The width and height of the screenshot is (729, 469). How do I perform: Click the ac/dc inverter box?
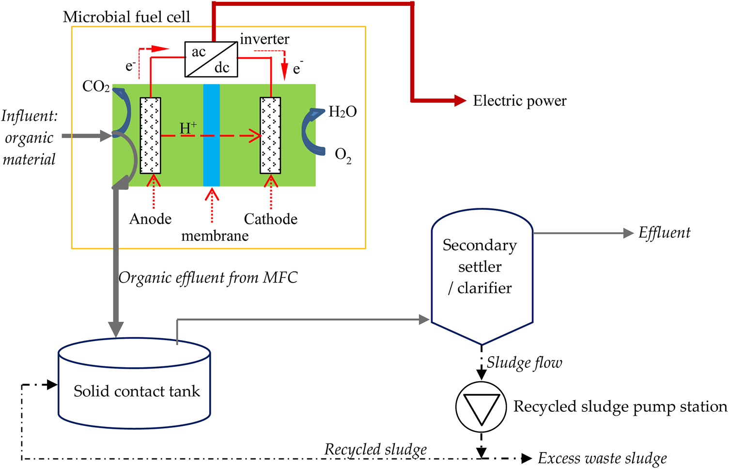[x=211, y=60]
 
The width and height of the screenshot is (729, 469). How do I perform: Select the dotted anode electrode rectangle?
[x=150, y=135]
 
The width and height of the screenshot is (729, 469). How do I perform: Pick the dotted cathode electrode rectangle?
[x=270, y=135]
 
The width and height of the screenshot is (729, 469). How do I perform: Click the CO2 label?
[x=96, y=87]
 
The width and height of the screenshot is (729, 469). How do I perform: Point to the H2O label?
[x=342, y=112]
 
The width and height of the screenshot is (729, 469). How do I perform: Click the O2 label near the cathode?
[x=343, y=156]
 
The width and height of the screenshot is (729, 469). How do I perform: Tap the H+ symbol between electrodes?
[x=188, y=128]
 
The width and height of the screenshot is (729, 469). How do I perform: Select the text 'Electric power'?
[x=520, y=101]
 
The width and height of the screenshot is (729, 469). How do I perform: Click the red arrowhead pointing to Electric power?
[x=460, y=101]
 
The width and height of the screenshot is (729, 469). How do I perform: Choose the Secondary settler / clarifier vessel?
[x=481, y=271]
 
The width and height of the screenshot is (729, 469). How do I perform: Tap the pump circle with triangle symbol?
[x=481, y=407]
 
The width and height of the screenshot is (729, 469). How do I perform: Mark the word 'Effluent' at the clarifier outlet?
[x=664, y=233]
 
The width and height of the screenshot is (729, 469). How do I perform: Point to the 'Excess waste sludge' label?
[x=602, y=458]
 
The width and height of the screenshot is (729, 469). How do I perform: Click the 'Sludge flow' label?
[x=524, y=362]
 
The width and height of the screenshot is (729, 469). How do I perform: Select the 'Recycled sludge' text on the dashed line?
[x=375, y=449]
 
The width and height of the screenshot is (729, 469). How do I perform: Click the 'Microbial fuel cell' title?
[x=126, y=17]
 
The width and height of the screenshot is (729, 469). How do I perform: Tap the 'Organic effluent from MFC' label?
[x=208, y=278]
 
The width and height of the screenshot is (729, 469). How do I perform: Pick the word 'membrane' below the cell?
[x=215, y=236]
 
